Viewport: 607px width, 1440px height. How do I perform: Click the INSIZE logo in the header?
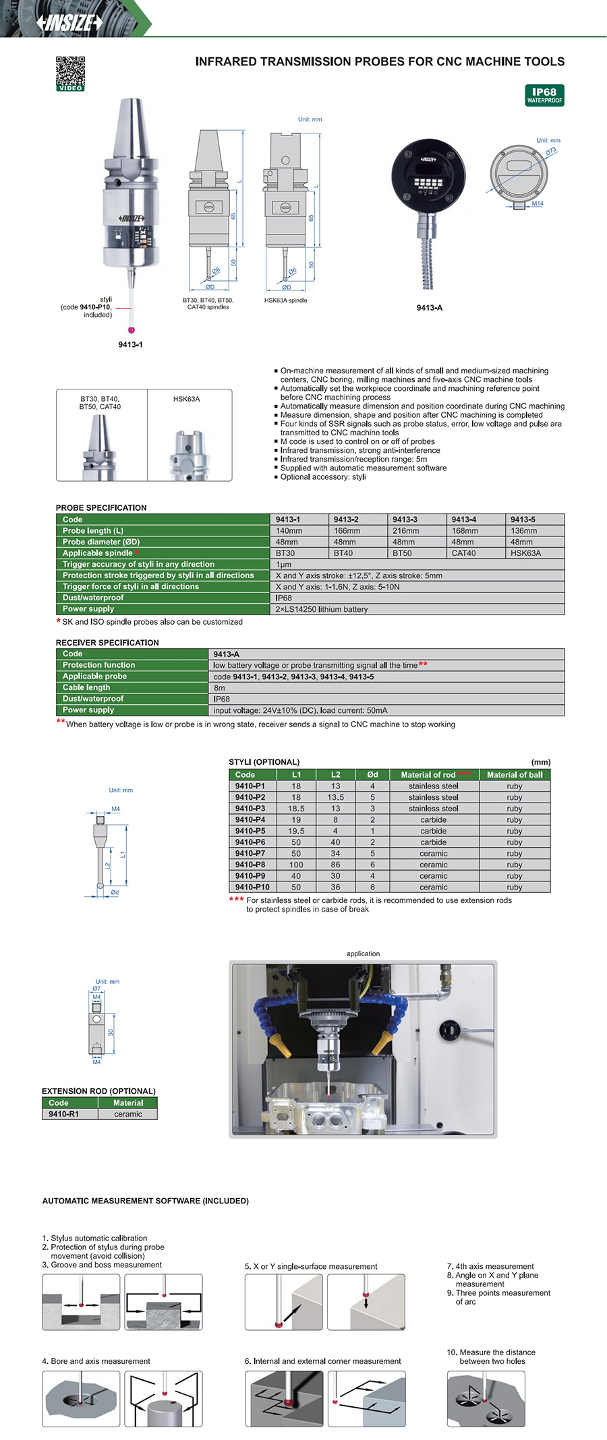(x=69, y=22)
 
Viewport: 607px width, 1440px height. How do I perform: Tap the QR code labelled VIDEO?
(x=70, y=73)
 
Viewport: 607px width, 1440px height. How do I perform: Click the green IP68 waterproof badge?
(x=544, y=95)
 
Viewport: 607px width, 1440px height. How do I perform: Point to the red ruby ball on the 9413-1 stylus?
(x=132, y=330)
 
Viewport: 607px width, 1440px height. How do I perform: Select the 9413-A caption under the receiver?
(x=430, y=307)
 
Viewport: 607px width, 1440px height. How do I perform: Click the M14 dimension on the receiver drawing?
(x=538, y=204)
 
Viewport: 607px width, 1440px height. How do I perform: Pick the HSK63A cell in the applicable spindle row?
(x=525, y=553)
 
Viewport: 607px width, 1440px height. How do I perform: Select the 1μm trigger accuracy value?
(x=283, y=565)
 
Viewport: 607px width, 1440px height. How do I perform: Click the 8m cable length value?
(x=219, y=688)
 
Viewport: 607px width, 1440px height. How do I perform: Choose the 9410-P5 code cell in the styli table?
(x=250, y=831)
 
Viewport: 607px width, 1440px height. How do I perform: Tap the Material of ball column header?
(x=515, y=775)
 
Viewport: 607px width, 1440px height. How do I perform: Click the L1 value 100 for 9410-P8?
(x=296, y=865)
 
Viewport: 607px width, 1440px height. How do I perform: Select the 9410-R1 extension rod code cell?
(x=63, y=1114)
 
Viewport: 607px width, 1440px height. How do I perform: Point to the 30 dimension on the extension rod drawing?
(x=111, y=1033)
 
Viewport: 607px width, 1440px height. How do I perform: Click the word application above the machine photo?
(x=363, y=953)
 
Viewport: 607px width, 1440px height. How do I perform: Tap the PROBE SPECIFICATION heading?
(x=101, y=507)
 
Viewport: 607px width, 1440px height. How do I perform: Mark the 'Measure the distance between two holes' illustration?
(x=486, y=1399)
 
